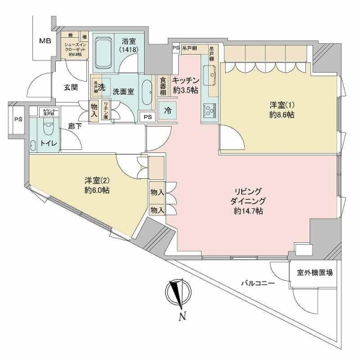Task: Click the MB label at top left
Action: pos(45,41)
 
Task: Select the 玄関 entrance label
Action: pos(70,87)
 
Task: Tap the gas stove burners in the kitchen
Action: pos(210,110)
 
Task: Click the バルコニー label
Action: pos(259,283)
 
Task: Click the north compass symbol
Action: pos(178,293)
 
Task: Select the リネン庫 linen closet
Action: pos(106,110)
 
